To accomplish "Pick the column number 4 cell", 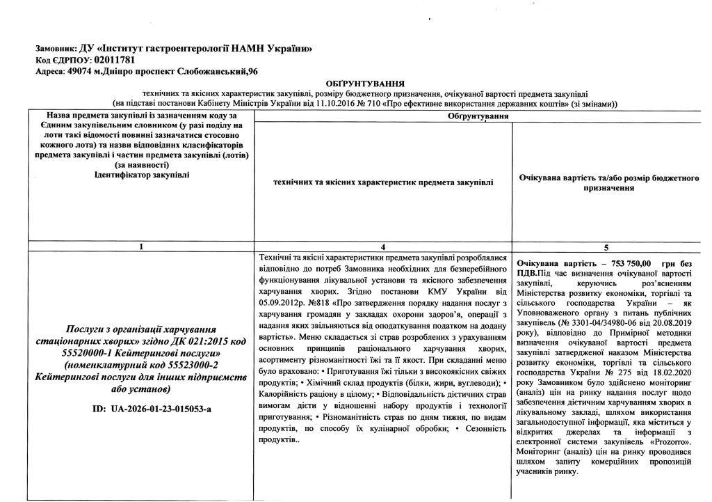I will coord(385,246).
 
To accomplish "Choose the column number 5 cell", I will coord(608,246).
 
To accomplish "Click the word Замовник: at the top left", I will coord(58,49).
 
